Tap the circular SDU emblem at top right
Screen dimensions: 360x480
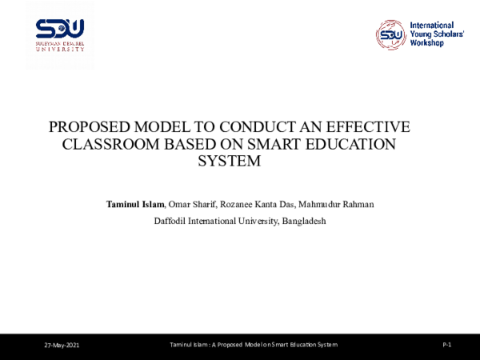(x=390, y=34)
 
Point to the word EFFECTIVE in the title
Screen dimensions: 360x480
(x=375, y=128)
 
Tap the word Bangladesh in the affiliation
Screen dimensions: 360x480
(x=302, y=220)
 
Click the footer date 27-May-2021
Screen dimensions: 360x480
(x=62, y=344)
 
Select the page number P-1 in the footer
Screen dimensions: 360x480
(x=447, y=344)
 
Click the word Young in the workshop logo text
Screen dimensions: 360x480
(x=422, y=35)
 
